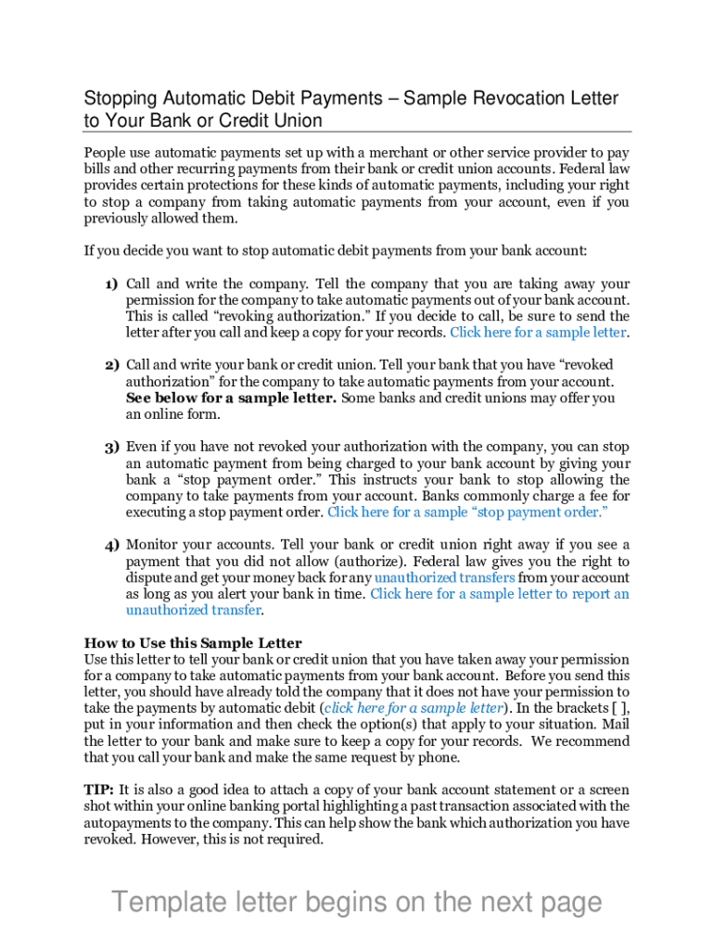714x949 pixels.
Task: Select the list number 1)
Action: pos(110,285)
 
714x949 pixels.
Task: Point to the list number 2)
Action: pos(110,365)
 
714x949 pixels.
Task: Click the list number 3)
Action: pos(110,447)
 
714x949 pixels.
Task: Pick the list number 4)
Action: pos(110,545)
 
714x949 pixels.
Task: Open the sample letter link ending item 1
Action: pos(538,333)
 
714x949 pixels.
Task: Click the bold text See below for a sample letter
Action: pos(231,399)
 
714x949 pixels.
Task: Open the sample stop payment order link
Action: pos(467,512)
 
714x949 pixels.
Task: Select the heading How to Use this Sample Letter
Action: pos(193,643)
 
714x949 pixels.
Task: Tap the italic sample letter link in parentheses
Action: pos(414,708)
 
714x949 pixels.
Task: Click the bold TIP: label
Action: pos(99,790)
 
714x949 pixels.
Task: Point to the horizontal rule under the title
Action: pos(357,132)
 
